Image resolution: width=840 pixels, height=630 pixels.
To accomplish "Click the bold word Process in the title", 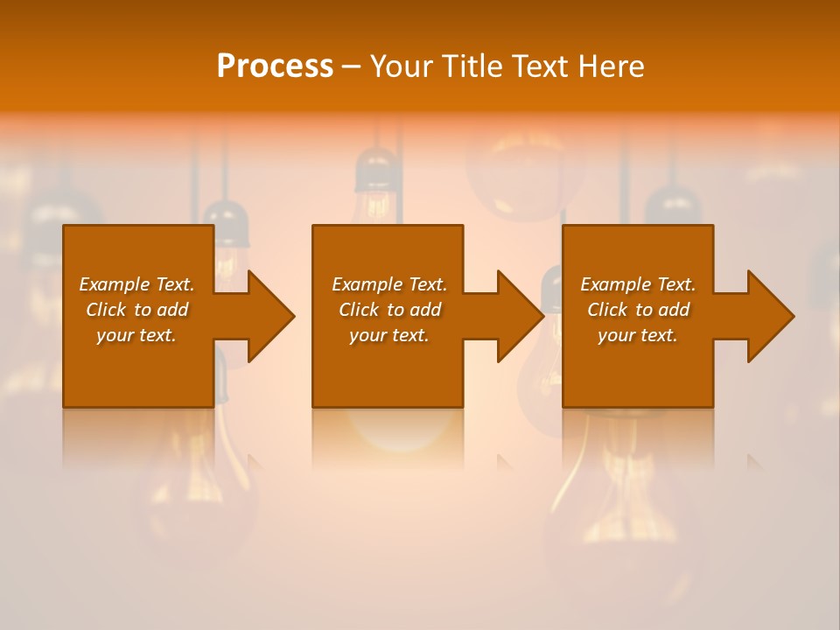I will (275, 66).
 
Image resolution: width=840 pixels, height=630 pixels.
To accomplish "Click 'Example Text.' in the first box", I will (136, 284).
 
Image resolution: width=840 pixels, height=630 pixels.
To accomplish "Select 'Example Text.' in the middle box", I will (389, 284).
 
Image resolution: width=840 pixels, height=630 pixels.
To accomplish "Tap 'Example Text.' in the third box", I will (638, 284).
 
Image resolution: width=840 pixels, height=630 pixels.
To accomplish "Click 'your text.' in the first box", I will (136, 335).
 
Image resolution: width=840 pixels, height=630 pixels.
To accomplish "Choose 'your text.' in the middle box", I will (389, 335).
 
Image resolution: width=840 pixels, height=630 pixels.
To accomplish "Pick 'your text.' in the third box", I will (638, 335).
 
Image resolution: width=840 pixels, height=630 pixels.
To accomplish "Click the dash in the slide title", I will (352, 67).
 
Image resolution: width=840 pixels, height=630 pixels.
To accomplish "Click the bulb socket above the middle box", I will (377, 171).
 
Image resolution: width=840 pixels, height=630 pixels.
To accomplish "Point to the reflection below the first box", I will (138, 437).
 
